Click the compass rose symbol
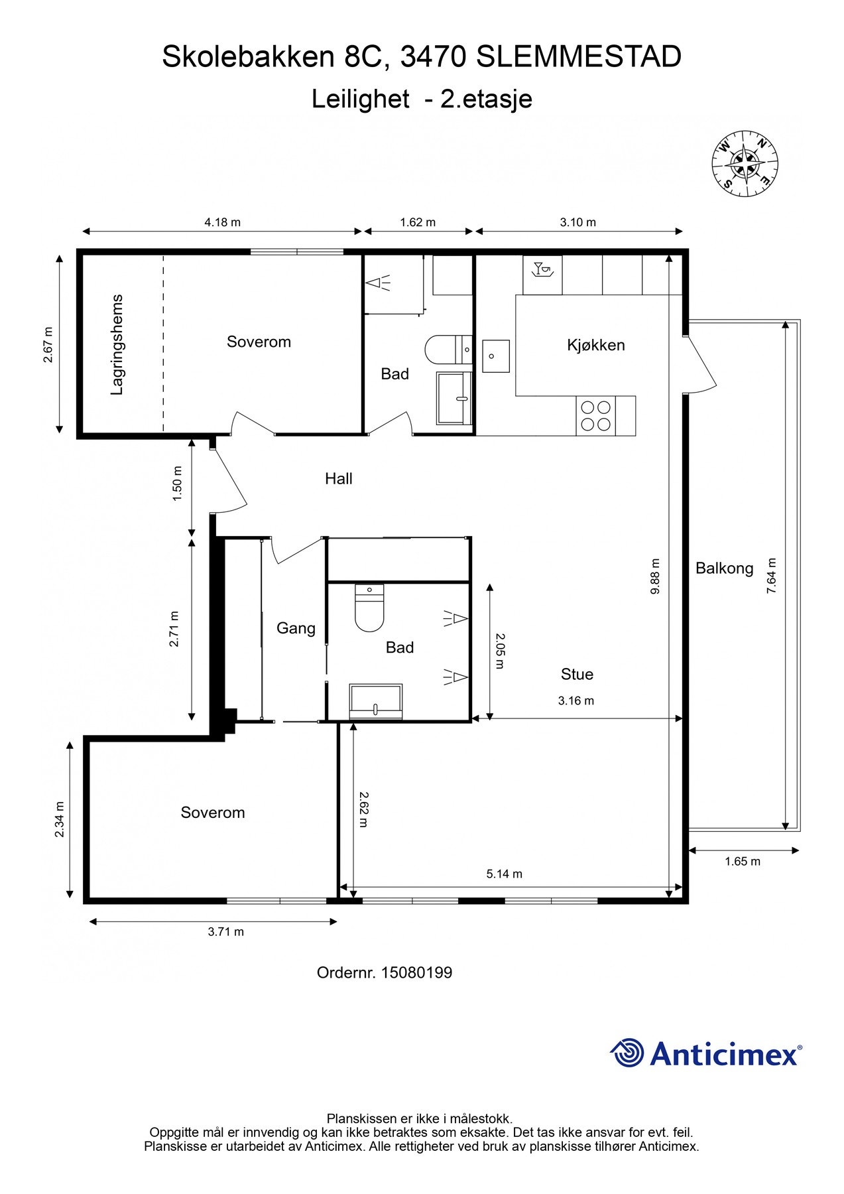click(x=745, y=163)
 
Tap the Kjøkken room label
click(x=595, y=345)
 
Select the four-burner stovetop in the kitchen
click(x=595, y=416)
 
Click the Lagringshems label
click(x=117, y=344)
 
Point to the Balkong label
click(x=724, y=568)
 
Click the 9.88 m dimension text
click(x=655, y=576)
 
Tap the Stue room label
click(x=577, y=674)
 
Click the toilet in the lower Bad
click(x=369, y=608)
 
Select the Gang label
click(x=296, y=628)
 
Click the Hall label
click(x=338, y=478)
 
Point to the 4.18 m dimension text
click(x=222, y=222)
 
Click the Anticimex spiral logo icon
click(x=627, y=1053)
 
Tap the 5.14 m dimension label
click(x=504, y=874)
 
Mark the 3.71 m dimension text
click(x=225, y=931)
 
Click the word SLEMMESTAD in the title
click(x=579, y=57)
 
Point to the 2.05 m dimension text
click(x=500, y=650)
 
